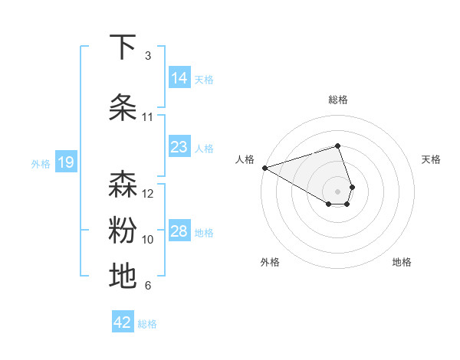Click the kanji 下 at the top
(x=123, y=47)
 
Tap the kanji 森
(x=123, y=184)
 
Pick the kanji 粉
(x=123, y=230)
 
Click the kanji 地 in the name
(x=123, y=276)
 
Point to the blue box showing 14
(x=179, y=78)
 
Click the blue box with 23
(x=179, y=147)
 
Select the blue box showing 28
(x=179, y=231)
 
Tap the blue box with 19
(x=65, y=162)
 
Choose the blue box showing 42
(x=123, y=322)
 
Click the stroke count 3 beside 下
(x=147, y=56)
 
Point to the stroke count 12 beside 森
(x=148, y=193)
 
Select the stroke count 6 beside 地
(x=147, y=286)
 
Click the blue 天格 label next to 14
(x=204, y=79)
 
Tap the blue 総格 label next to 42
(x=147, y=324)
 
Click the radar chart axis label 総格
(x=337, y=100)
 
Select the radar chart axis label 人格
(x=245, y=159)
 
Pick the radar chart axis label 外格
(x=270, y=262)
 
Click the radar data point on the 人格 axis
(x=264, y=168)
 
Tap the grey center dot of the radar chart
(x=337, y=191)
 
